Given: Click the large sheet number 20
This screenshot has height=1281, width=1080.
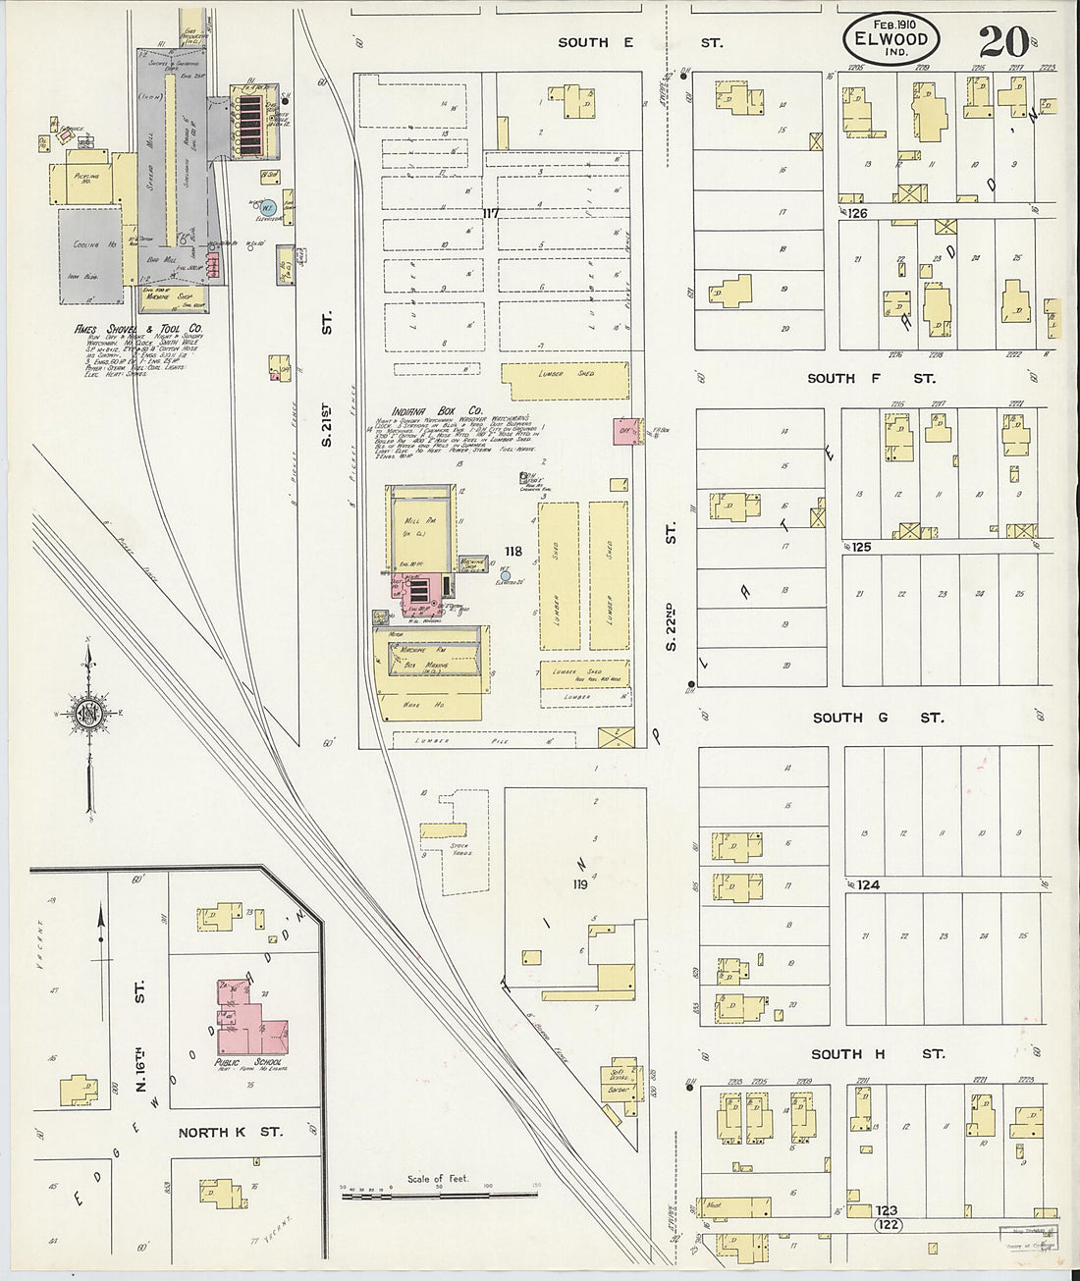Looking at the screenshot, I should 1002,40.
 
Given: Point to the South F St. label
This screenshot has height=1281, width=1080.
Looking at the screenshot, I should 870,378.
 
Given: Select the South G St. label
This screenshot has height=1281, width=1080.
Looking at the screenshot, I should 878,718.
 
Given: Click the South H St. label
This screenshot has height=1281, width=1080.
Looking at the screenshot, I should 877,1053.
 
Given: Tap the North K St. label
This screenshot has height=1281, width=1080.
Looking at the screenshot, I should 230,1132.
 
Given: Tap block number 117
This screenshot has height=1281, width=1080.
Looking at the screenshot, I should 491,213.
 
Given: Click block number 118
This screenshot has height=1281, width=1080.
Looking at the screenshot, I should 513,551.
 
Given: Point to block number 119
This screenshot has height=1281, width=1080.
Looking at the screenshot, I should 579,883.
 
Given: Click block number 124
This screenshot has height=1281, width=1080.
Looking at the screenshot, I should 867,884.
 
